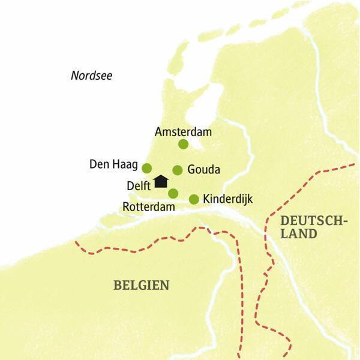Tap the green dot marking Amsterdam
pyautogui.click(x=183, y=144)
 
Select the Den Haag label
pyautogui.click(x=113, y=164)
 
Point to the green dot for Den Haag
pyautogui.click(x=146, y=168)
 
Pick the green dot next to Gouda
pyautogui.click(x=178, y=170)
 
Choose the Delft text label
pyautogui.click(x=139, y=185)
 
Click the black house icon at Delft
pyautogui.click(x=160, y=181)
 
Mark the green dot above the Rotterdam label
pyautogui.click(x=173, y=193)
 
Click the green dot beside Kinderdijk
pyautogui.click(x=194, y=199)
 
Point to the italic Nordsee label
pyautogui.click(x=91, y=76)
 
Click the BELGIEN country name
pyautogui.click(x=142, y=284)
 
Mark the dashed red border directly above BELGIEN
pyautogui.click(x=144, y=247)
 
